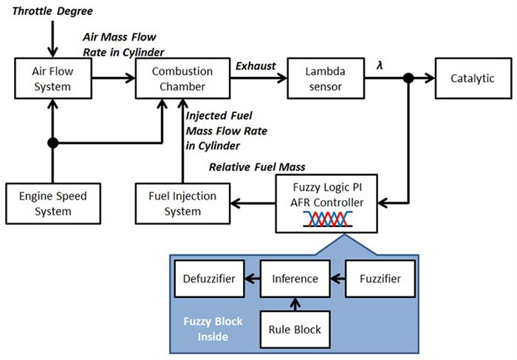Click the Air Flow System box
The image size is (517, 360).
(x=52, y=80)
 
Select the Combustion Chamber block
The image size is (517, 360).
(x=182, y=80)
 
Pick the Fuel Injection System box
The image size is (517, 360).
(x=182, y=204)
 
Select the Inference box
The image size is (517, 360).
(x=295, y=279)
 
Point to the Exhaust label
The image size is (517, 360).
(x=256, y=67)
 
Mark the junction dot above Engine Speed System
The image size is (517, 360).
(x=52, y=142)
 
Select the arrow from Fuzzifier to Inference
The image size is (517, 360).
(x=335, y=279)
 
